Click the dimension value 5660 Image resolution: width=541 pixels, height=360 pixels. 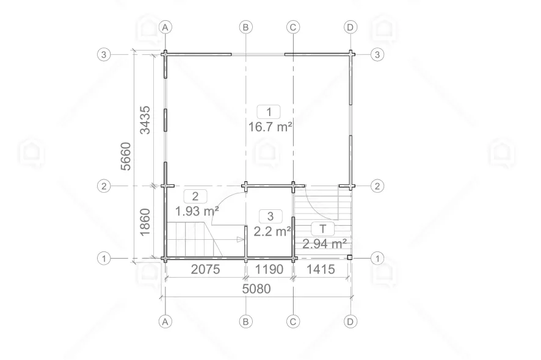coord(126,156)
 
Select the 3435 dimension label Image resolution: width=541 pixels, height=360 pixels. coord(145,120)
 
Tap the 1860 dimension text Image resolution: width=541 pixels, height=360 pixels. coord(145,223)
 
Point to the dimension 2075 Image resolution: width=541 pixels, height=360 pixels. coord(205,269)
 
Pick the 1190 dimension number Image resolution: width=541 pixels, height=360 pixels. coord(269,269)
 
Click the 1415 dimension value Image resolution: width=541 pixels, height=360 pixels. coord(321,269)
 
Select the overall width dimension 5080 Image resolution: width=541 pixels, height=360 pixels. coord(256,289)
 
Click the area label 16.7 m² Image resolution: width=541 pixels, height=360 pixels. coord(270,127)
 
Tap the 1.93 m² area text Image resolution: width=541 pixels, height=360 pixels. coord(197,211)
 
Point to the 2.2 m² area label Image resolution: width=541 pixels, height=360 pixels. coord(272,231)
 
